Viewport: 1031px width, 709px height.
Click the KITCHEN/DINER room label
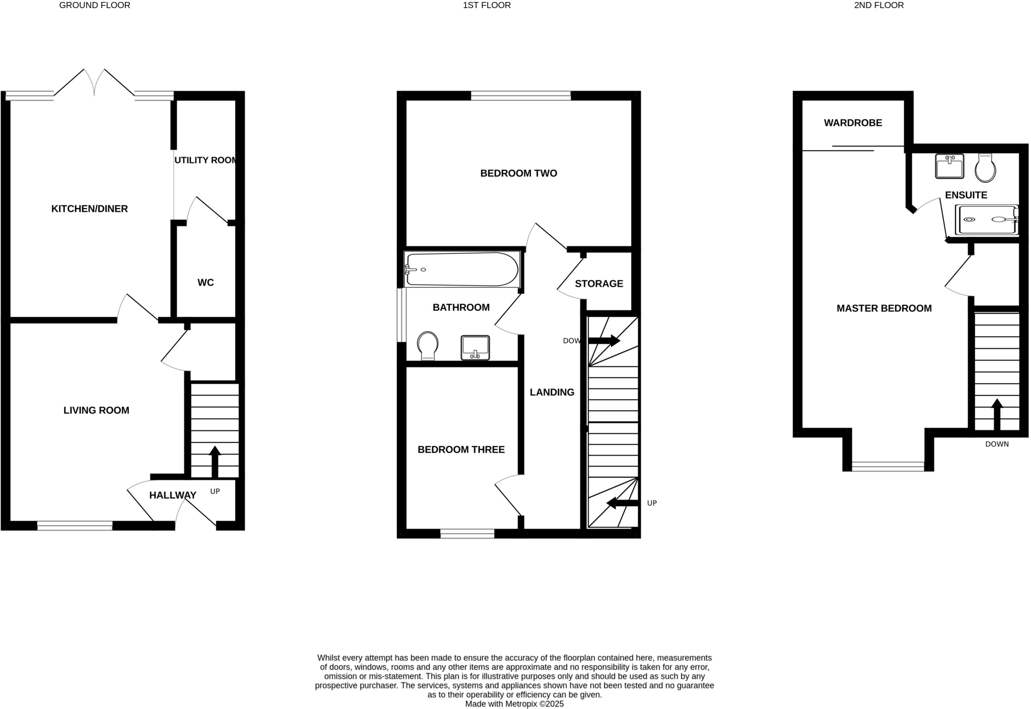(90, 208)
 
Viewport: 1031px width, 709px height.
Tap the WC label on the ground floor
(205, 282)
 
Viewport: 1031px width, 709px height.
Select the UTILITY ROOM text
(205, 160)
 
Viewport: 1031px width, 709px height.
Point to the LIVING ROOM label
(96, 410)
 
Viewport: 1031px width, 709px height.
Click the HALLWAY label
(173, 495)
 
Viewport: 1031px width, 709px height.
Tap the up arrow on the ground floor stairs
(215, 461)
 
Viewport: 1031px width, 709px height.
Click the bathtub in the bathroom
(462, 269)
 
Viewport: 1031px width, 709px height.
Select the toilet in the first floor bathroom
(427, 345)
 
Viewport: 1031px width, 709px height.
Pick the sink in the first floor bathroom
(475, 347)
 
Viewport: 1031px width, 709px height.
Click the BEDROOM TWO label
(519, 173)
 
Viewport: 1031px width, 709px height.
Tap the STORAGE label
(599, 283)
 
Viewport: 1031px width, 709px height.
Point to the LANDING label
(552, 392)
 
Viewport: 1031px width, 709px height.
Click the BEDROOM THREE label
(461, 450)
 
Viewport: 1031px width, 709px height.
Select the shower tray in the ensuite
(987, 220)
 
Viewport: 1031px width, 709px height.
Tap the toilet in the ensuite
(985, 168)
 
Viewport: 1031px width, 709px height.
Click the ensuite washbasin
(949, 166)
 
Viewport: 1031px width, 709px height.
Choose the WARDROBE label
(853, 123)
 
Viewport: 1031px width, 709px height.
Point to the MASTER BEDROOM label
(884, 308)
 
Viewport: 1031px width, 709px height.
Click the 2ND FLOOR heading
(879, 6)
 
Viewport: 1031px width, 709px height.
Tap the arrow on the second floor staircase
(997, 414)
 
